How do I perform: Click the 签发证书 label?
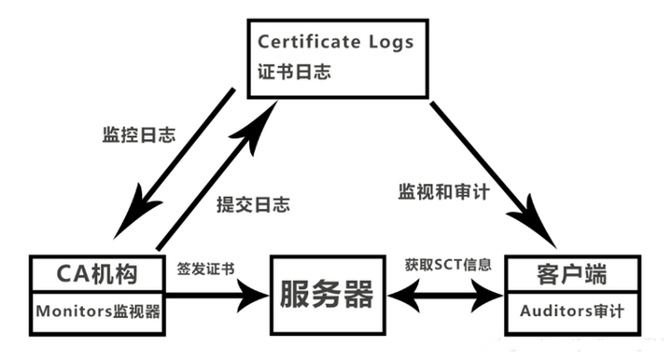tap(204, 269)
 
